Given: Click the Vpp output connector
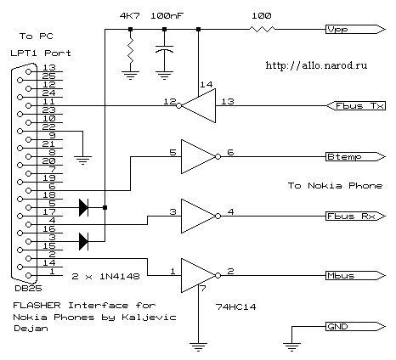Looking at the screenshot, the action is click(x=355, y=29).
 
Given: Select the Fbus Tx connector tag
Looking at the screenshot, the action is click(x=356, y=106).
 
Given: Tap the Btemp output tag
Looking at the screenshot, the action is click(x=355, y=157).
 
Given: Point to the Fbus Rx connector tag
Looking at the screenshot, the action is click(x=355, y=217).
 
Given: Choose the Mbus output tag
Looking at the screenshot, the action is click(x=355, y=276).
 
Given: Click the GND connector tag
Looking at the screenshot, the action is click(x=355, y=327).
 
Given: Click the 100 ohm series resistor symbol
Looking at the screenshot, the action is click(x=262, y=29).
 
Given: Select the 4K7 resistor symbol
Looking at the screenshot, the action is click(x=130, y=51).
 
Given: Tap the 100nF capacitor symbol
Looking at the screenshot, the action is click(x=164, y=49).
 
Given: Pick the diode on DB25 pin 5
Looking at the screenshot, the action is click(x=83, y=208).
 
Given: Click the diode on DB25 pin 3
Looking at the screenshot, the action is click(x=83, y=242).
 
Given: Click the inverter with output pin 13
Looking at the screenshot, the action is click(x=196, y=106).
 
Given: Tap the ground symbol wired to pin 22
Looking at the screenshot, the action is click(x=82, y=160).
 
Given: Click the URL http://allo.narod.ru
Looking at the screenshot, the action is click(x=316, y=65).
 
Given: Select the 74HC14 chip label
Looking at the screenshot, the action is click(x=235, y=307).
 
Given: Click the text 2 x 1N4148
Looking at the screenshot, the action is click(x=105, y=276).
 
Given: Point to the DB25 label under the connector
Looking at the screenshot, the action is click(x=28, y=289).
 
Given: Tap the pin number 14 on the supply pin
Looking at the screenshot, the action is click(x=206, y=84).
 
